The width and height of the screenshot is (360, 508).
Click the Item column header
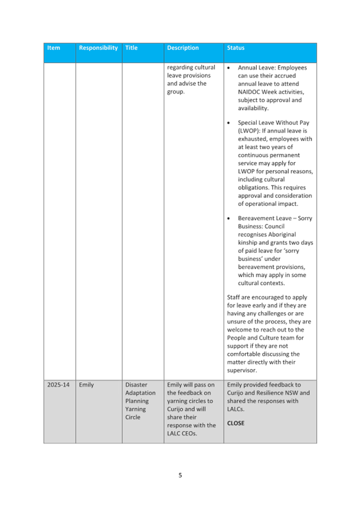[53, 48]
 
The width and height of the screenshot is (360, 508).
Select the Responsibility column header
[98, 48]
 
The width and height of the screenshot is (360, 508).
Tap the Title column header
[131, 48]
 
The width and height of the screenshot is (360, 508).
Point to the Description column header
[182, 48]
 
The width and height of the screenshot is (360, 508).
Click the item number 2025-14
[56, 384]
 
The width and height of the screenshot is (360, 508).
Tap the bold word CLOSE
[236, 423]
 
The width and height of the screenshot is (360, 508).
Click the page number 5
[180, 475]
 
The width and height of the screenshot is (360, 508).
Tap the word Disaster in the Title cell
[137, 384]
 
